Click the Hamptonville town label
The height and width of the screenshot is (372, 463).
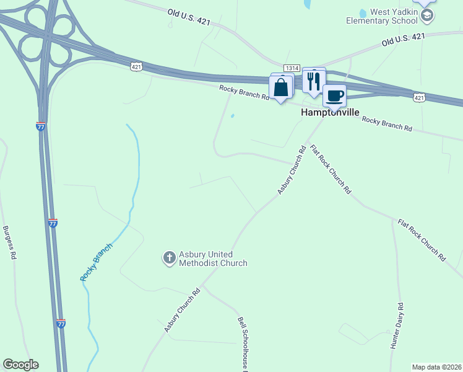[326, 113]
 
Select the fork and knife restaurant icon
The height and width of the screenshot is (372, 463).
[313, 80]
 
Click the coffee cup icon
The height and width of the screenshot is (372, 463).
[334, 95]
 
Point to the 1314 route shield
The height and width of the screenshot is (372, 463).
[292, 68]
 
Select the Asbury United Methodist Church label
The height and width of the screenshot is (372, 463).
[213, 259]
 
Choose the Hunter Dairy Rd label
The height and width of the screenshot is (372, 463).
[397, 326]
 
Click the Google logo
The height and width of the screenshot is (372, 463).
[20, 365]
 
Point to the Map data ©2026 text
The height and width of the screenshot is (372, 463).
[436, 367]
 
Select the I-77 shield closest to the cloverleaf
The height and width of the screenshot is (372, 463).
[41, 126]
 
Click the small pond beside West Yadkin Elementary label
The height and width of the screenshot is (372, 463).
[362, 13]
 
